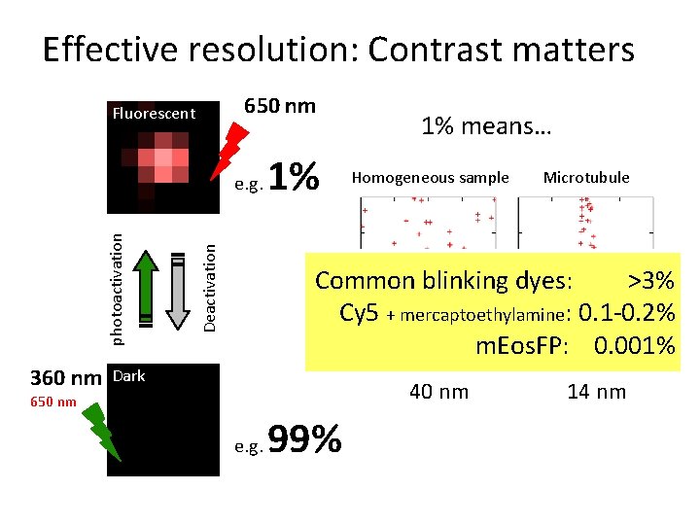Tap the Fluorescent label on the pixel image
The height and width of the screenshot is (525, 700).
click(x=154, y=114)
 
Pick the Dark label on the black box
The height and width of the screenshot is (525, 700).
click(x=129, y=376)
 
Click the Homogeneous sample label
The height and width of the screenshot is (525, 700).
click(x=430, y=177)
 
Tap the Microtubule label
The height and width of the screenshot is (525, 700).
click(x=585, y=177)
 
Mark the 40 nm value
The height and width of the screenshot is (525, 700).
click(x=438, y=392)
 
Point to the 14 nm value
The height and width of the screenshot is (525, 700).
click(x=596, y=392)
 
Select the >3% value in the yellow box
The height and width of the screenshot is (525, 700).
click(x=650, y=281)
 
